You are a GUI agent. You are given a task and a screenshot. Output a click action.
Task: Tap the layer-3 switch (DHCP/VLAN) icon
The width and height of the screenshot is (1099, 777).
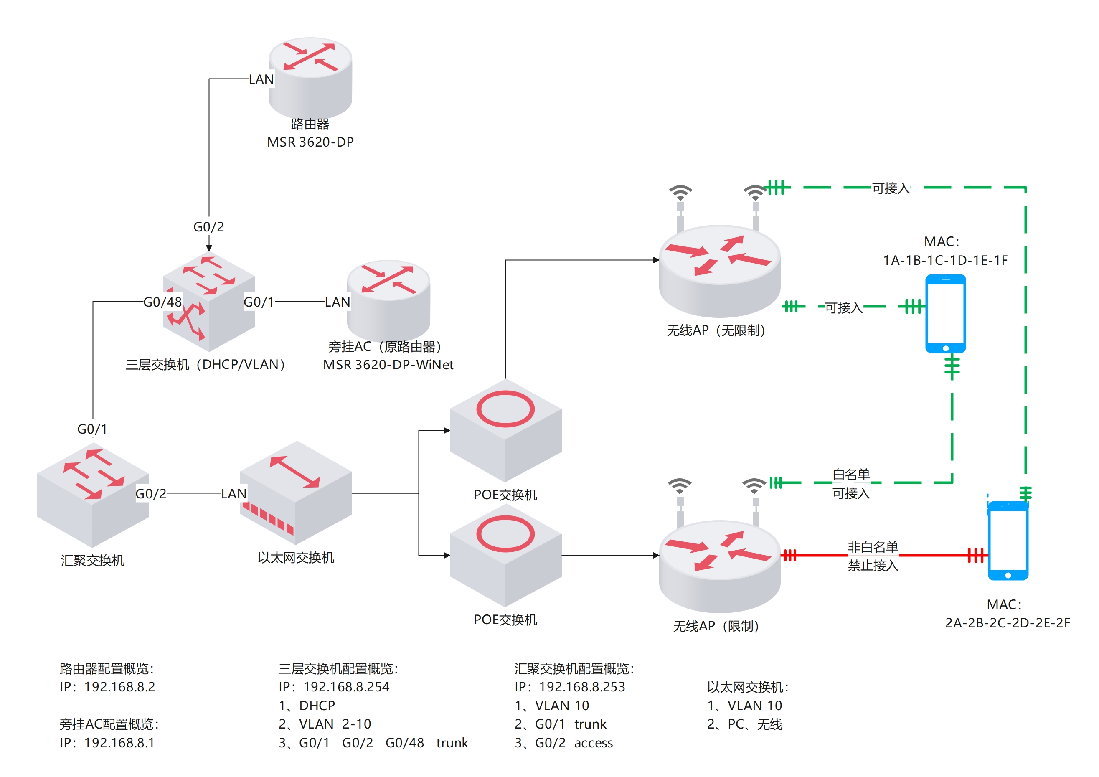tap(209, 302)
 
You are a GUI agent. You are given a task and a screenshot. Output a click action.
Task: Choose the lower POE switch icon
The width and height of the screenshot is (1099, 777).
tap(505, 555)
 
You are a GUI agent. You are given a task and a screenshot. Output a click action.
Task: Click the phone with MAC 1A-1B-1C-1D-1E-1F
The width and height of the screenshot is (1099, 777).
tap(945, 314)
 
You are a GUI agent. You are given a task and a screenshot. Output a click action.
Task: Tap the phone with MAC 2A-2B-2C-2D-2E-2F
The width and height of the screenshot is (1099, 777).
tap(1008, 541)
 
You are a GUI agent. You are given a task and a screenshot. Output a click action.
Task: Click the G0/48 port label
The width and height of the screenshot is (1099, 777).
tap(163, 302)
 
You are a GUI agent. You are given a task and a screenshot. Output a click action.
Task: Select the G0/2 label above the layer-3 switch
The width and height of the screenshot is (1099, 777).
tap(209, 227)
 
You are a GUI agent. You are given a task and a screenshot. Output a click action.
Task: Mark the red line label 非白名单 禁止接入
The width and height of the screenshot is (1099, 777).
tap(873, 556)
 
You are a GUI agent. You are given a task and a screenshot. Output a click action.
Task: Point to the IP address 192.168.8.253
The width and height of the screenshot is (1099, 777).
tap(582, 687)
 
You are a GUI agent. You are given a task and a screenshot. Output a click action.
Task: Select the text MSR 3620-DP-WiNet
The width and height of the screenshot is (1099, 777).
tap(388, 365)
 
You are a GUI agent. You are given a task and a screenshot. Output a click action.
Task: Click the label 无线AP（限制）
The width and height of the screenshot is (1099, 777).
tap(716, 626)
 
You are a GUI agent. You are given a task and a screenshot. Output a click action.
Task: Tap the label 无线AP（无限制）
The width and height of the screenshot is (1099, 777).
tap(716, 330)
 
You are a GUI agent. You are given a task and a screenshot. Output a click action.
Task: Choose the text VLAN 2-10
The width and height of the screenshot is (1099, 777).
tap(335, 724)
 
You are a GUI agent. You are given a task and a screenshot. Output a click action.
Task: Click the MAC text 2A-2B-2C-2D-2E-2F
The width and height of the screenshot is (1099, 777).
tap(1008, 623)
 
